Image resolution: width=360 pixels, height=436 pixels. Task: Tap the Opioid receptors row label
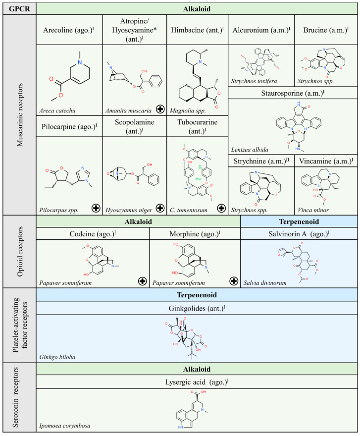(x=18, y=251)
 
